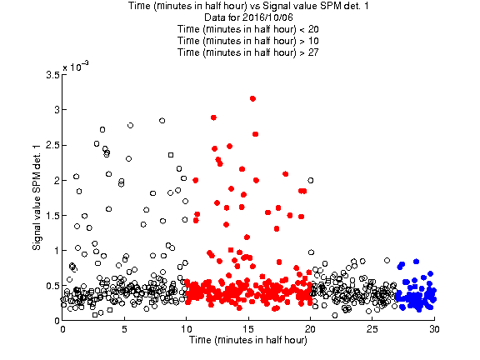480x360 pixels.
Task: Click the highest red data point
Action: (x=252, y=98)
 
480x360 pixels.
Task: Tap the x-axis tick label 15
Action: (x=248, y=329)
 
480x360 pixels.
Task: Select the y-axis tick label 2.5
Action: (x=52, y=145)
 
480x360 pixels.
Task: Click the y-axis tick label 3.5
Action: (x=52, y=75)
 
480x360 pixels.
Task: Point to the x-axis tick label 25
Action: (x=372, y=329)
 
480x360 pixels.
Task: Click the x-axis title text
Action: (x=248, y=340)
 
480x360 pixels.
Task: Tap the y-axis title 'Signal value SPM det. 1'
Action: (x=37, y=197)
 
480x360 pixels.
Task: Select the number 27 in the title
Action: (x=313, y=52)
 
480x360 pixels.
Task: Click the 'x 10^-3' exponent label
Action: (x=76, y=66)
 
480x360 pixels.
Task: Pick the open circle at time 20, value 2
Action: (x=310, y=180)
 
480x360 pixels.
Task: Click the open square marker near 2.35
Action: (x=171, y=155)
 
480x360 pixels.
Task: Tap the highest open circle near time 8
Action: (x=162, y=121)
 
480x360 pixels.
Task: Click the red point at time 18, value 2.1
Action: (x=285, y=174)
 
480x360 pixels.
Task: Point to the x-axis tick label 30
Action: (x=434, y=329)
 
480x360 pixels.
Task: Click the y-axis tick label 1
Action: (x=57, y=250)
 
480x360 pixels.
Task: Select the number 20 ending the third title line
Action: (x=313, y=29)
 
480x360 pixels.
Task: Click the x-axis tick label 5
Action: (x=124, y=329)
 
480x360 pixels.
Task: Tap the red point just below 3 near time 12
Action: (x=213, y=117)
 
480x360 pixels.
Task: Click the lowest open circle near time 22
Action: (x=335, y=315)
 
